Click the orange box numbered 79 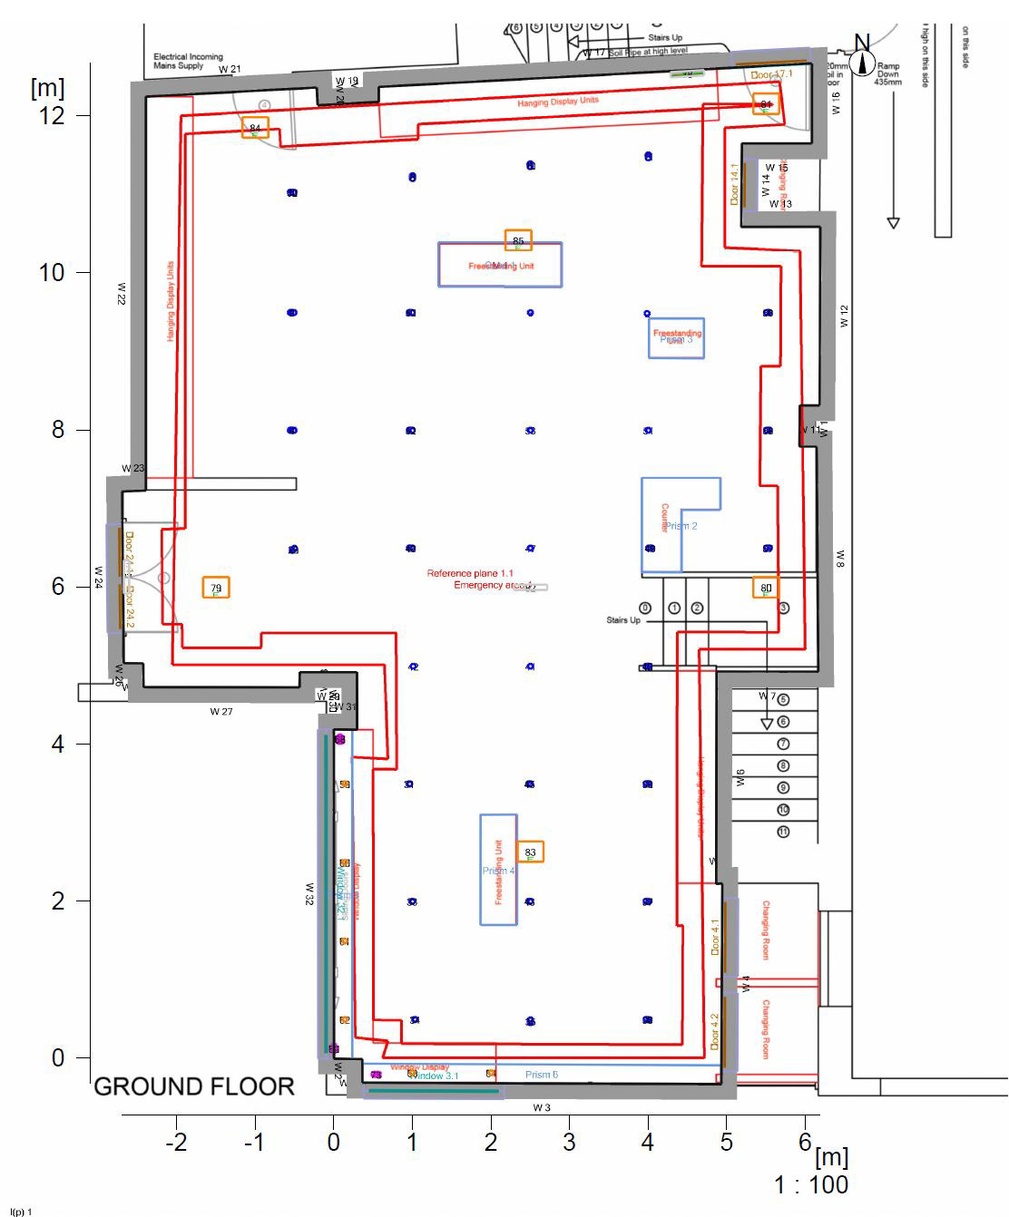tap(216, 588)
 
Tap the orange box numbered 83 tap(531, 852)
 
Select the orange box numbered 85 tap(518, 240)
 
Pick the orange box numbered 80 tap(766, 588)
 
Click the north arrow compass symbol tap(862, 62)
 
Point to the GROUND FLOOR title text tap(194, 1086)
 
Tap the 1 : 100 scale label tap(811, 1184)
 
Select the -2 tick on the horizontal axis tap(176, 1143)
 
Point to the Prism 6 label tap(542, 1075)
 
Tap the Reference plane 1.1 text tap(470, 573)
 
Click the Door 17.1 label tap(772, 74)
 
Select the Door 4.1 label tap(715, 937)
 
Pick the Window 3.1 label tap(435, 1076)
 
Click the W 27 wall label tap(221, 712)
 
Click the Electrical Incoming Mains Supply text tap(188, 61)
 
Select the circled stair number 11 tap(783, 832)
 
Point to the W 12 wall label tap(844, 316)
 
